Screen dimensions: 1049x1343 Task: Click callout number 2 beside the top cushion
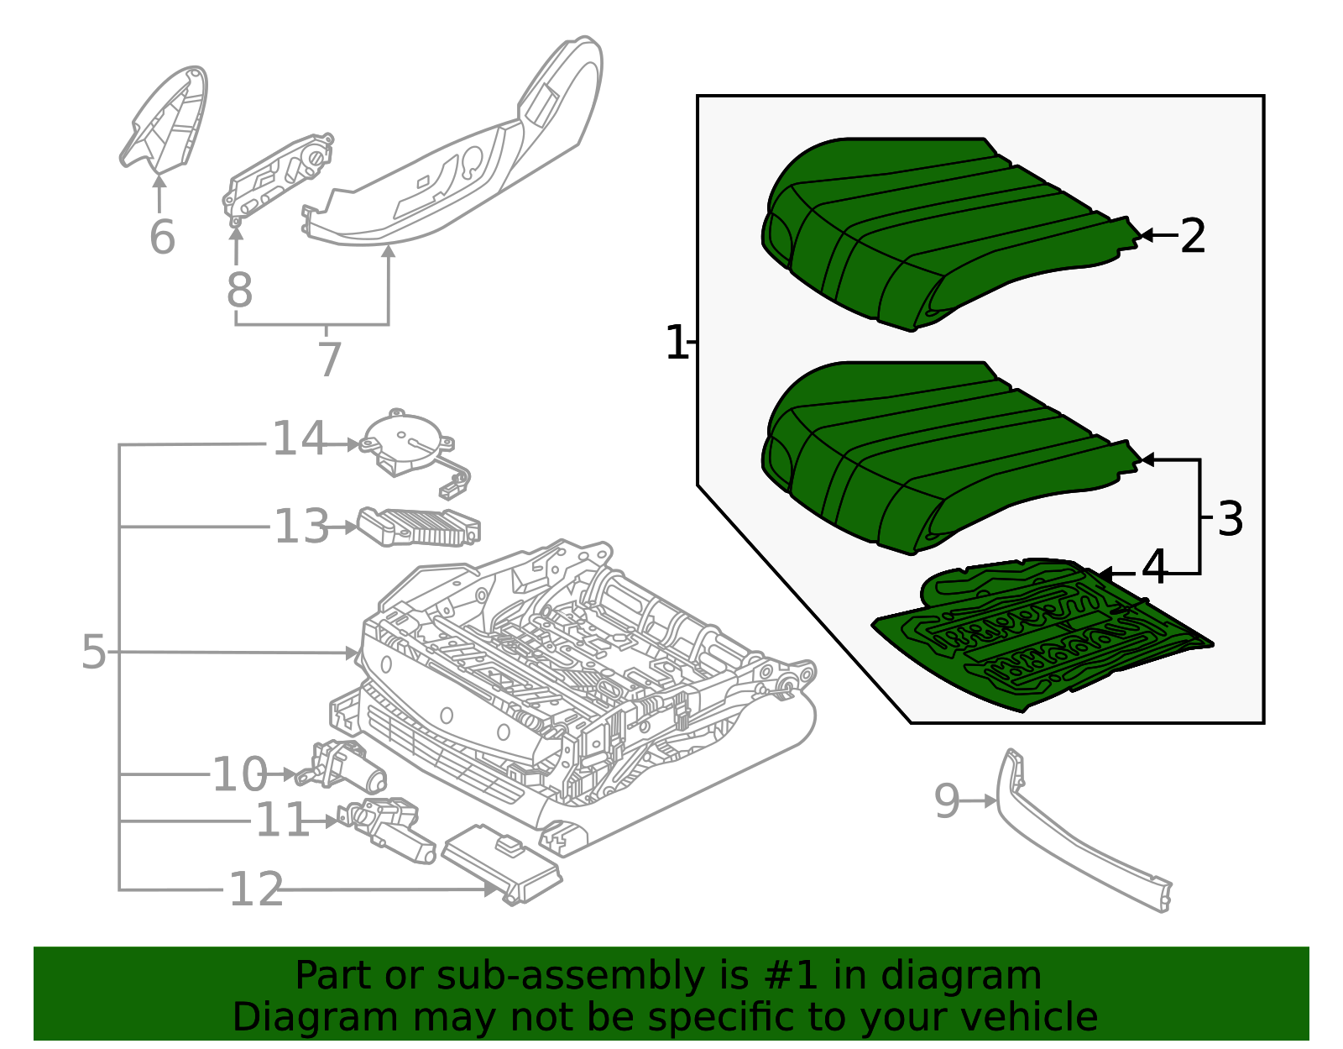pos(1193,236)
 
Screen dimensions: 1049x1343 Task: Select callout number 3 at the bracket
pos(1230,519)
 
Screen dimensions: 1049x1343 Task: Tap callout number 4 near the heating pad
pos(1154,569)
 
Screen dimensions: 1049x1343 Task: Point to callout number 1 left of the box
pos(676,343)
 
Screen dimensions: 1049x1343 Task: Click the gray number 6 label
pos(162,237)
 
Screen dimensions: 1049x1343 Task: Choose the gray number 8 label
pos(239,291)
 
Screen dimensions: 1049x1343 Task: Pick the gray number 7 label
pos(330,359)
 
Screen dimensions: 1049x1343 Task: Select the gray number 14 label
pos(299,439)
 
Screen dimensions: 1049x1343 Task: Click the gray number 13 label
pos(301,527)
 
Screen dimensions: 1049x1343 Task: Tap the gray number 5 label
pos(94,652)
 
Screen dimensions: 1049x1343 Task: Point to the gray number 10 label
pos(239,774)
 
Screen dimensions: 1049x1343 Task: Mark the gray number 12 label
pos(256,889)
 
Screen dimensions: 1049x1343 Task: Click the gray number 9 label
pos(946,801)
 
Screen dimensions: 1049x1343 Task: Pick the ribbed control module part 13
pos(420,527)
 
